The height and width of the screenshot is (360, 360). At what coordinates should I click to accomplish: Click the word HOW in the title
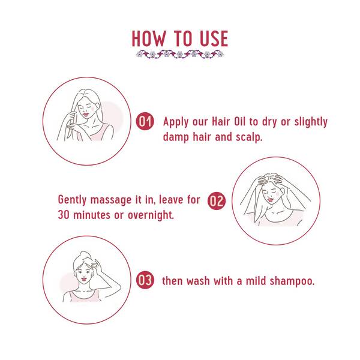149,38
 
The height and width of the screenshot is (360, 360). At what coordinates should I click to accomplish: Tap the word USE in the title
214,38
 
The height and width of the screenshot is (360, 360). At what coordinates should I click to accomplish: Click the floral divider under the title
180,55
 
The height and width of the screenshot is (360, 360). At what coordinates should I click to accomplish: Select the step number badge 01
145,121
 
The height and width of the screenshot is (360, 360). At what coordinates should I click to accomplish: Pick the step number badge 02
217,201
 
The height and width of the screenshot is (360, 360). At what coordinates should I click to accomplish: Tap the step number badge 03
145,280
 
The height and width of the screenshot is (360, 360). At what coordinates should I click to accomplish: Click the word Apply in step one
176,122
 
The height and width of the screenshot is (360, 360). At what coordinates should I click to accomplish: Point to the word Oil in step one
240,121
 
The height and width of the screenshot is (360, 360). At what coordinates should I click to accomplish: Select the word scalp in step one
248,137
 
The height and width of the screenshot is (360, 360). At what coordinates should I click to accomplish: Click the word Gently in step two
72,200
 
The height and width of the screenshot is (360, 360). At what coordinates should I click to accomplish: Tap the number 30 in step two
64,215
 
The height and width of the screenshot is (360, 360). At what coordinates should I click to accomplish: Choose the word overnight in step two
150,215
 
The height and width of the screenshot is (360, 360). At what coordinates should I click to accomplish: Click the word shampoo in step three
292,281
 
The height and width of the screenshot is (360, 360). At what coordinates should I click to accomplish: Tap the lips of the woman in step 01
85,114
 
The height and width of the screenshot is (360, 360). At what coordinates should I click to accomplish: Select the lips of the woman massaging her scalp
271,200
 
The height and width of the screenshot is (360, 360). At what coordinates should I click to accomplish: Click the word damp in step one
176,137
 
